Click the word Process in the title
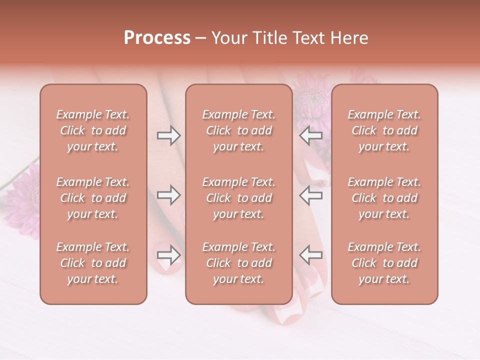pyautogui.click(x=157, y=38)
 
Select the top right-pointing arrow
pyautogui.click(x=168, y=135)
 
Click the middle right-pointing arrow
pyautogui.click(x=168, y=195)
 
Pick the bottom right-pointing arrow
pyautogui.click(x=168, y=255)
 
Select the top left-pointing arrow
pyautogui.click(x=311, y=135)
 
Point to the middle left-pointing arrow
pyautogui.click(x=311, y=195)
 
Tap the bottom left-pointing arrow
pyautogui.click(x=311, y=255)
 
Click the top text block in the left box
pyautogui.click(x=93, y=130)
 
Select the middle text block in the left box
pyautogui.click(x=93, y=198)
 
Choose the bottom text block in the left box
pyautogui.click(x=93, y=263)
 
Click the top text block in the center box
pyautogui.click(x=238, y=130)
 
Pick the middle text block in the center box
pyautogui.click(x=238, y=198)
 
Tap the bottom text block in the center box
pyautogui.click(x=238, y=263)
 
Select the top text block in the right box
pyautogui.click(x=384, y=130)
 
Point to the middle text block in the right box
pyautogui.click(x=384, y=198)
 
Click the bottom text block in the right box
pyautogui.click(x=384, y=263)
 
